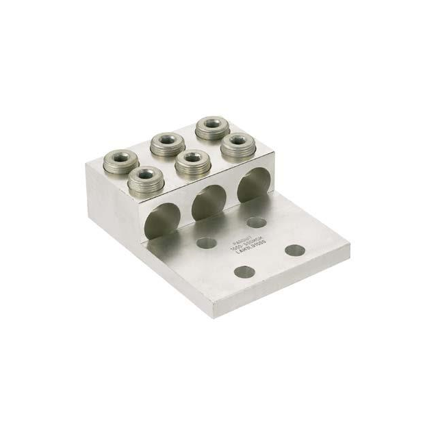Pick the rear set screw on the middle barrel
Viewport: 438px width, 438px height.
click(166, 143)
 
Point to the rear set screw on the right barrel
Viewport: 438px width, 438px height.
click(212, 127)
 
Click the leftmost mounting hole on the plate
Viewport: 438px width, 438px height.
click(206, 242)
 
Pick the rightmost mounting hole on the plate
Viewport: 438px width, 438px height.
click(295, 250)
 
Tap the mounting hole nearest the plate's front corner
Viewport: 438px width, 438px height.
click(244, 272)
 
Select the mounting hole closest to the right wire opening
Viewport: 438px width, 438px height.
click(257, 222)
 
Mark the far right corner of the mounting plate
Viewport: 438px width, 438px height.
click(349, 243)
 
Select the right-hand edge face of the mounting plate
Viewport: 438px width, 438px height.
click(287, 281)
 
